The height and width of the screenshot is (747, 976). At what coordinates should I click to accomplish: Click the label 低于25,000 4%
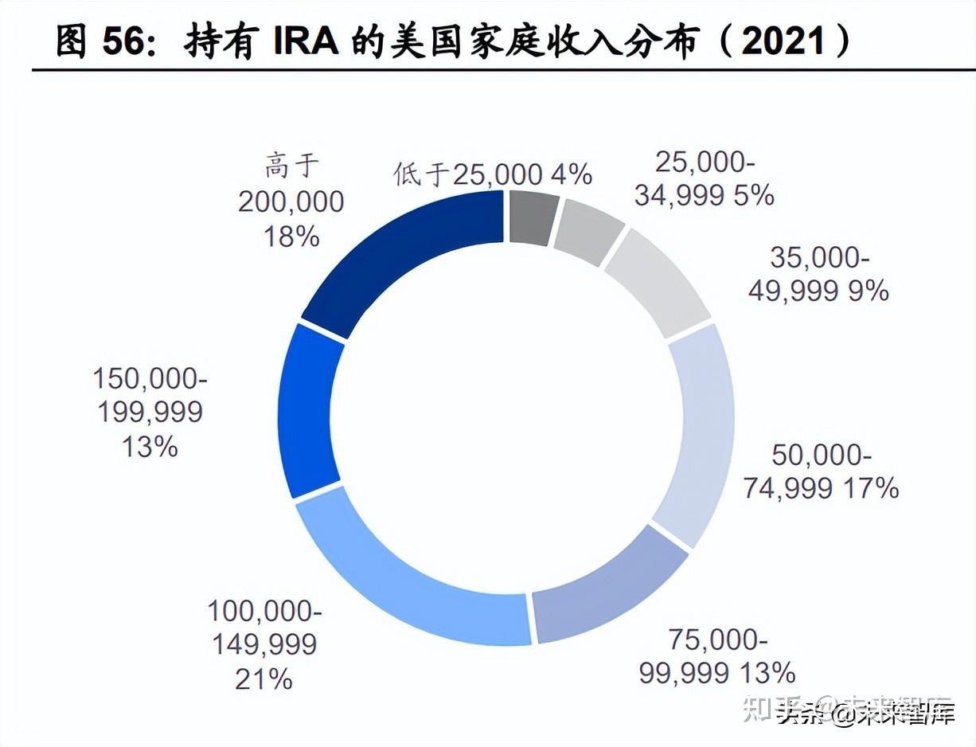[493, 174]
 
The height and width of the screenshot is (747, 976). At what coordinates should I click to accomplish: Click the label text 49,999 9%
[818, 291]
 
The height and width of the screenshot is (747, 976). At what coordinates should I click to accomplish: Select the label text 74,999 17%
[821, 487]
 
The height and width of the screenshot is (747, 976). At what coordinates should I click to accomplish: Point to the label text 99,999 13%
[716, 672]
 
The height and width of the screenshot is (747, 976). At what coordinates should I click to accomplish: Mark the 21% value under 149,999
[264, 679]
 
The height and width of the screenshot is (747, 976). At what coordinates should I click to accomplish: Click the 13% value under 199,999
[150, 447]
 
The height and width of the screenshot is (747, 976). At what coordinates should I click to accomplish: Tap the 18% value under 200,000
[291, 236]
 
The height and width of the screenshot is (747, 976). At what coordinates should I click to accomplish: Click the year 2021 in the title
[783, 39]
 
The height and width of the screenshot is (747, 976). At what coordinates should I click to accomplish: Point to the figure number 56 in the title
[126, 40]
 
